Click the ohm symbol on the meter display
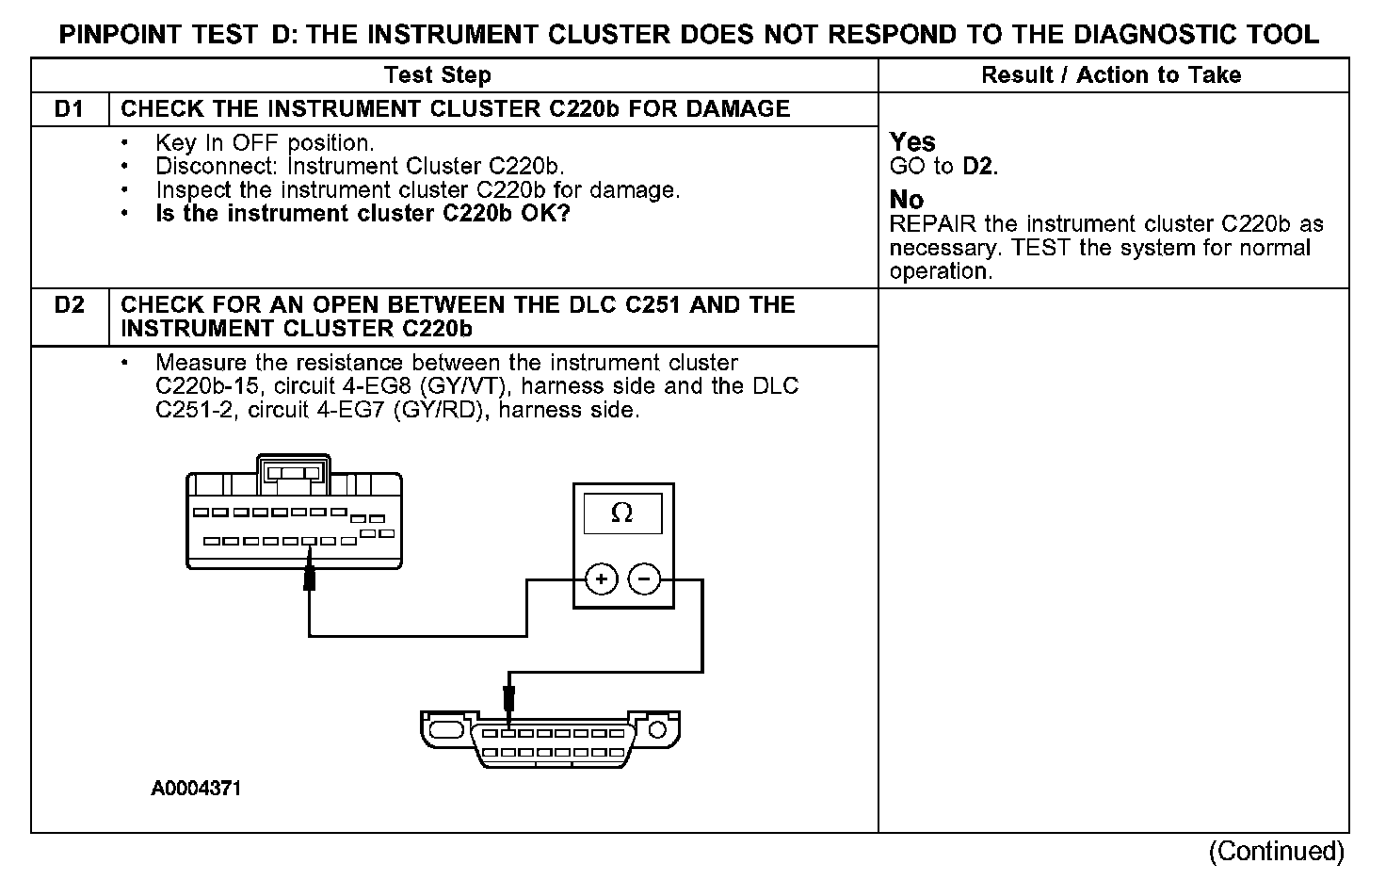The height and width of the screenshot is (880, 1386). [x=621, y=513]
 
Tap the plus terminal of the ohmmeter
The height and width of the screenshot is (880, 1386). [x=601, y=579]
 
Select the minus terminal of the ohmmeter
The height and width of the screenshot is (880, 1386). [x=644, y=579]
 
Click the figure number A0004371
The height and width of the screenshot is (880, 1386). [x=196, y=789]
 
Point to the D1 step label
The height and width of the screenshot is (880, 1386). [x=70, y=109]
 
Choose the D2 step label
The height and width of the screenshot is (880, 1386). [x=70, y=305]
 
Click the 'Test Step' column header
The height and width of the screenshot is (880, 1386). [x=437, y=75]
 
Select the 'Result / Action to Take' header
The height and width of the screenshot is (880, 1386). [x=1111, y=75]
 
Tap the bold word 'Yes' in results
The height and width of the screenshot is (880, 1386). [x=912, y=142]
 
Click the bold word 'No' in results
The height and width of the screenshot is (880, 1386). [x=907, y=200]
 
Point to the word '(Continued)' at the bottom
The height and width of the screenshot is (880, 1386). [x=1277, y=851]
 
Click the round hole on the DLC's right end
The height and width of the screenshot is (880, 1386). [x=658, y=730]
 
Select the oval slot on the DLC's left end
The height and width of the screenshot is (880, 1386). [x=444, y=730]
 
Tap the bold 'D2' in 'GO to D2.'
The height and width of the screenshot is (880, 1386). [x=979, y=167]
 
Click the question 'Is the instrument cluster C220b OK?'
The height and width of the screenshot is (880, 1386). [x=363, y=214]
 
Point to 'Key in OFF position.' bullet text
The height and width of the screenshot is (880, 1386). [x=265, y=143]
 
